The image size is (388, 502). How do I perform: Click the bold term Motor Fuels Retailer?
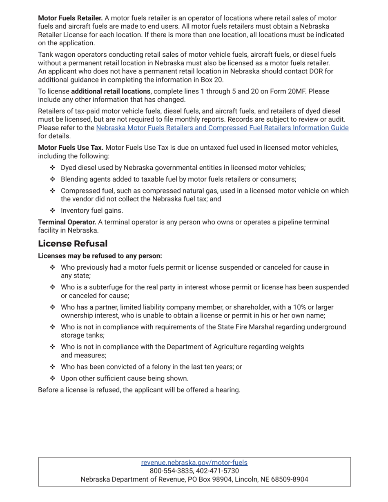tap(70, 18)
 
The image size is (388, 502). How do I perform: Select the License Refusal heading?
tap(73, 244)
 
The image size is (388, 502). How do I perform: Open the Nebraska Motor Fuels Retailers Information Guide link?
tap(222, 128)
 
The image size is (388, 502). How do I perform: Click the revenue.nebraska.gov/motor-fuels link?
tap(194, 462)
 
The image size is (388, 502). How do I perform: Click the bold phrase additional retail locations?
tap(111, 91)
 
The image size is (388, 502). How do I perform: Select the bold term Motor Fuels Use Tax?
tap(71, 147)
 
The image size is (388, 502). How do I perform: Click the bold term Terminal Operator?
tap(67, 222)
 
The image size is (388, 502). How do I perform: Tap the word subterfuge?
tap(99, 287)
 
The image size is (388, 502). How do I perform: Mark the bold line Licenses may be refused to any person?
tap(100, 256)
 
